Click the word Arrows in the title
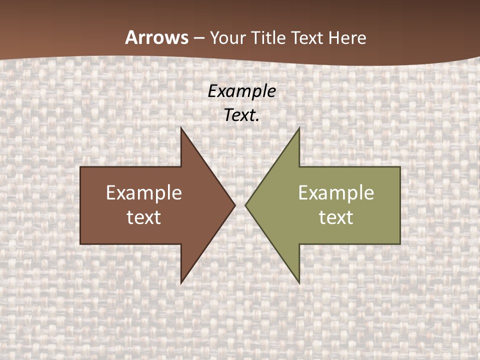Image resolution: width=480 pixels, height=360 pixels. pyautogui.click(x=156, y=37)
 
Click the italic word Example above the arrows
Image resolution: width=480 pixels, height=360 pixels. pyautogui.click(x=241, y=91)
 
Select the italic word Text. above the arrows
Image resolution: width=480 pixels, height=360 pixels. pyautogui.click(x=241, y=115)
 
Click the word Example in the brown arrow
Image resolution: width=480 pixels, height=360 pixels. pyautogui.click(x=143, y=193)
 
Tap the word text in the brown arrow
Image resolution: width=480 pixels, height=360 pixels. pyautogui.click(x=143, y=217)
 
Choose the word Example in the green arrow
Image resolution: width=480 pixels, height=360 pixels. pyautogui.click(x=336, y=193)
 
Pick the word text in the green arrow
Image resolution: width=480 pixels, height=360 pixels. pyautogui.click(x=336, y=217)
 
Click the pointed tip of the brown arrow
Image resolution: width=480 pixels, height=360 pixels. pyautogui.click(x=235, y=205)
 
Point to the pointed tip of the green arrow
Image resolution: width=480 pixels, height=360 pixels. pyautogui.click(x=245, y=205)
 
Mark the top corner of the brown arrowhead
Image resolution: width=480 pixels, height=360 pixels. pyautogui.click(x=181, y=127)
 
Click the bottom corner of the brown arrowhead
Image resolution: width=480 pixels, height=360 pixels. pyautogui.click(x=181, y=283)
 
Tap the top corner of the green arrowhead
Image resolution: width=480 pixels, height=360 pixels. pyautogui.click(x=299, y=127)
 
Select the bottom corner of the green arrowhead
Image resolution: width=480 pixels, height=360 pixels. pyautogui.click(x=299, y=283)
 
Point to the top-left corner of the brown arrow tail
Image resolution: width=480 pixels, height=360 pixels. pyautogui.click(x=80, y=167)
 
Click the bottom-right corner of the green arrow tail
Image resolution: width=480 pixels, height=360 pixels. pyautogui.click(x=400, y=244)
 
